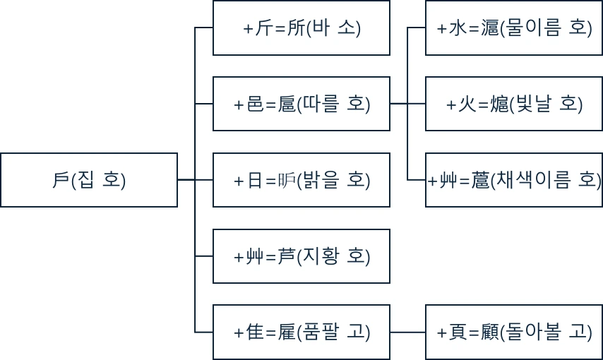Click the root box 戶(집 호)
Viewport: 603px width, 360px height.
click(89, 180)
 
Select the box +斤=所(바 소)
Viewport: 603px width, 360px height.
click(301, 28)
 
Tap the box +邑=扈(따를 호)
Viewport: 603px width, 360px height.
click(301, 104)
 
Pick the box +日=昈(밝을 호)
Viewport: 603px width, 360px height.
click(301, 180)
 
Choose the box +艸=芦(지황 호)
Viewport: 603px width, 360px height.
click(301, 256)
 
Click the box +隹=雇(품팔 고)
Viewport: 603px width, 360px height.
click(301, 332)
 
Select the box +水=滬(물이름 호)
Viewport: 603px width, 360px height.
click(514, 28)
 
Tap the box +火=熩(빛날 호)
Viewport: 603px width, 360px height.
click(514, 104)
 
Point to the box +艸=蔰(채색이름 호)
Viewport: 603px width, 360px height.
click(514, 180)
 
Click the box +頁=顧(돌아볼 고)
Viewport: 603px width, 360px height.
click(514, 332)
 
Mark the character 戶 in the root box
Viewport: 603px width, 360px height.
click(61, 180)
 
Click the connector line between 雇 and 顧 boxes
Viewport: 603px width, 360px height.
click(407, 332)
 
